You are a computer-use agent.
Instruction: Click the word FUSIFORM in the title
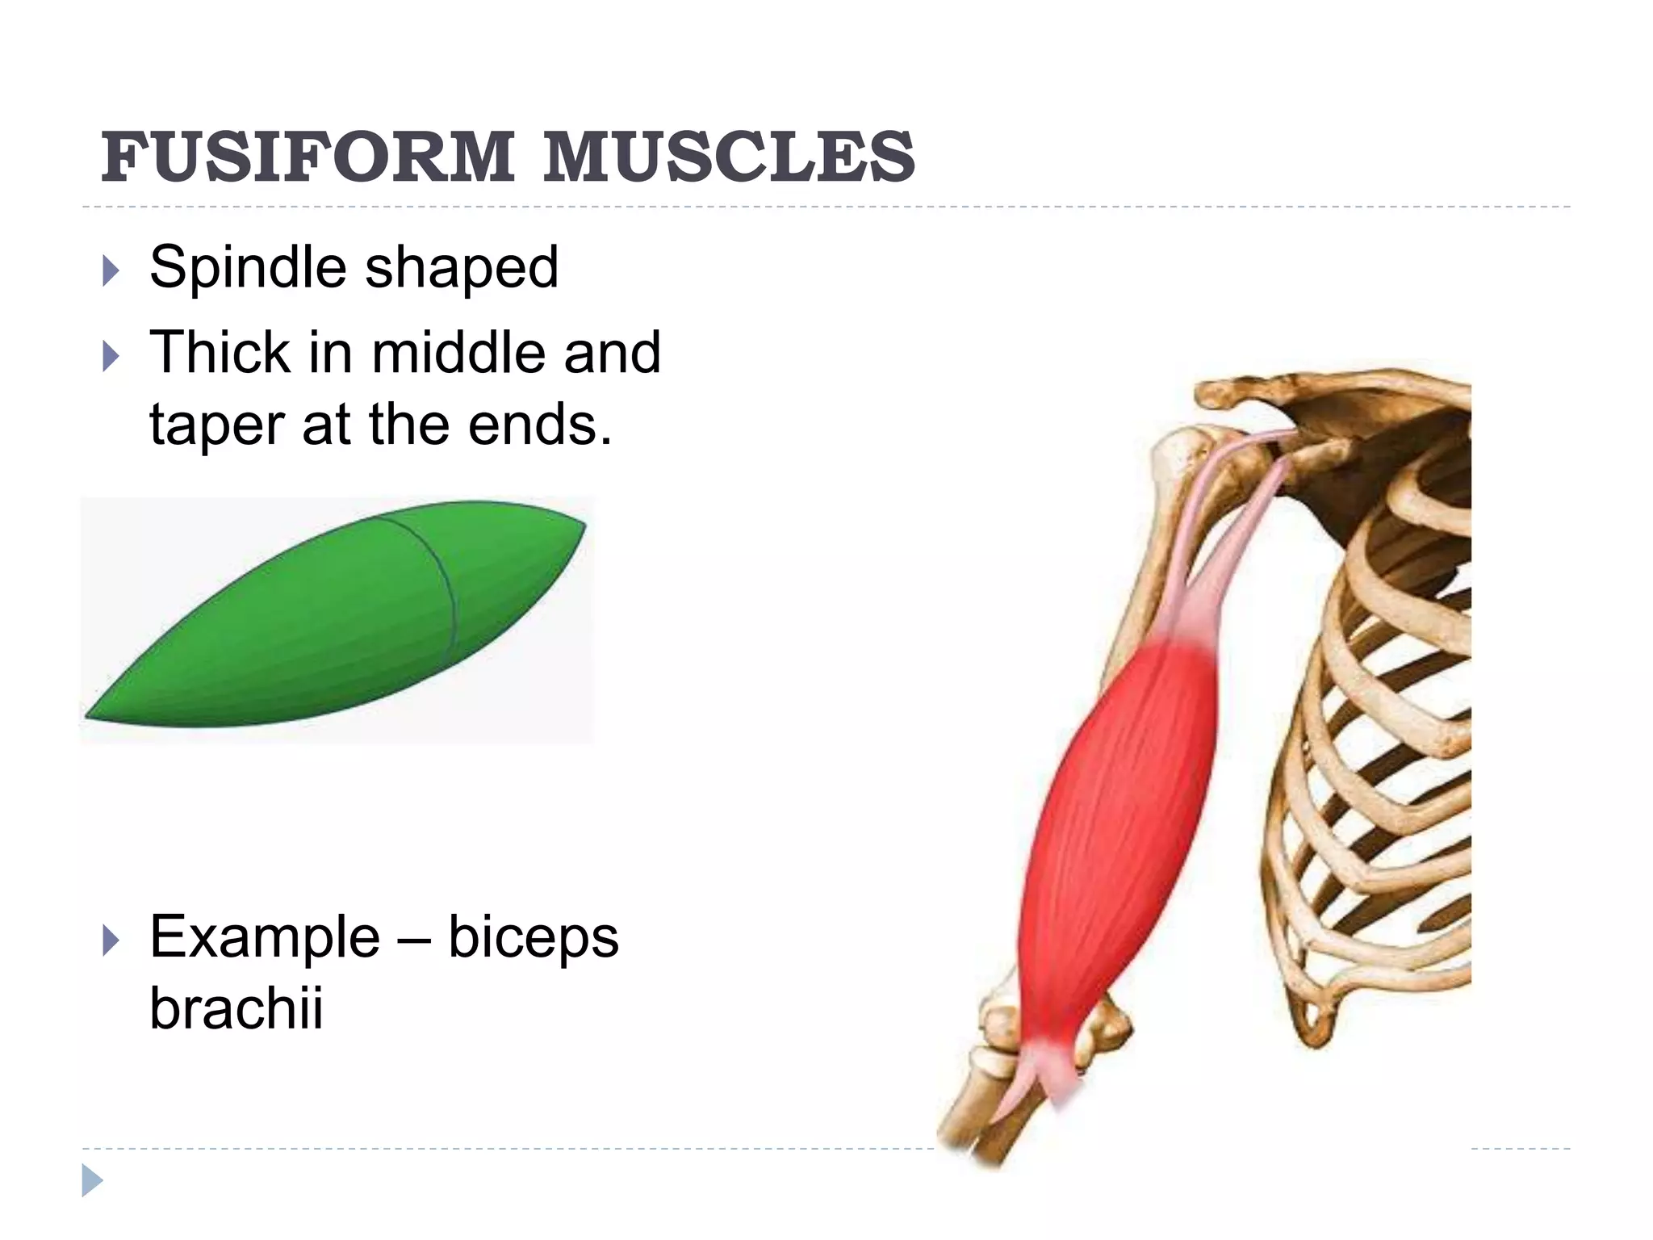[307, 157]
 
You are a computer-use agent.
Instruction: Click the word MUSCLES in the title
[729, 157]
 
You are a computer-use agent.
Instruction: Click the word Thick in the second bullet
[220, 353]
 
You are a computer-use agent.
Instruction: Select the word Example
[264, 938]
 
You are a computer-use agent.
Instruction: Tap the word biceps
[533, 938]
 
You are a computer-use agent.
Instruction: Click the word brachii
[236, 1009]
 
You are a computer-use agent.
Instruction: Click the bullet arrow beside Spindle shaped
[111, 271]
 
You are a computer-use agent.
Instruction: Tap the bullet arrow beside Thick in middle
[111, 356]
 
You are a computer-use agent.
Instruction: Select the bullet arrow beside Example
[111, 941]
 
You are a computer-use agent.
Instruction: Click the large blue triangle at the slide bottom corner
[92, 1180]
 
